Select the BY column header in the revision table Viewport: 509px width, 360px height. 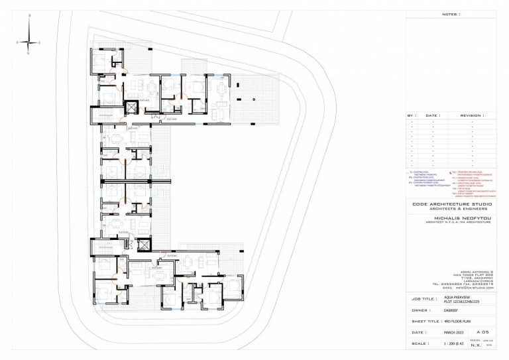click(412, 115)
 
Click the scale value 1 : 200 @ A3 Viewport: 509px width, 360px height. click(456, 344)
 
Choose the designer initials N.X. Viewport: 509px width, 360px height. click(475, 345)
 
